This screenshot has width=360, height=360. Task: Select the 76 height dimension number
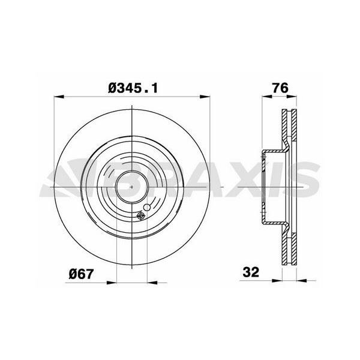tap(280, 88)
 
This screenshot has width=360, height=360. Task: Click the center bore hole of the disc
tap(131, 187)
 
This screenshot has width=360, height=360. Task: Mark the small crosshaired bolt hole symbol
tap(141, 217)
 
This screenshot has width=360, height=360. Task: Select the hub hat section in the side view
tap(270, 187)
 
